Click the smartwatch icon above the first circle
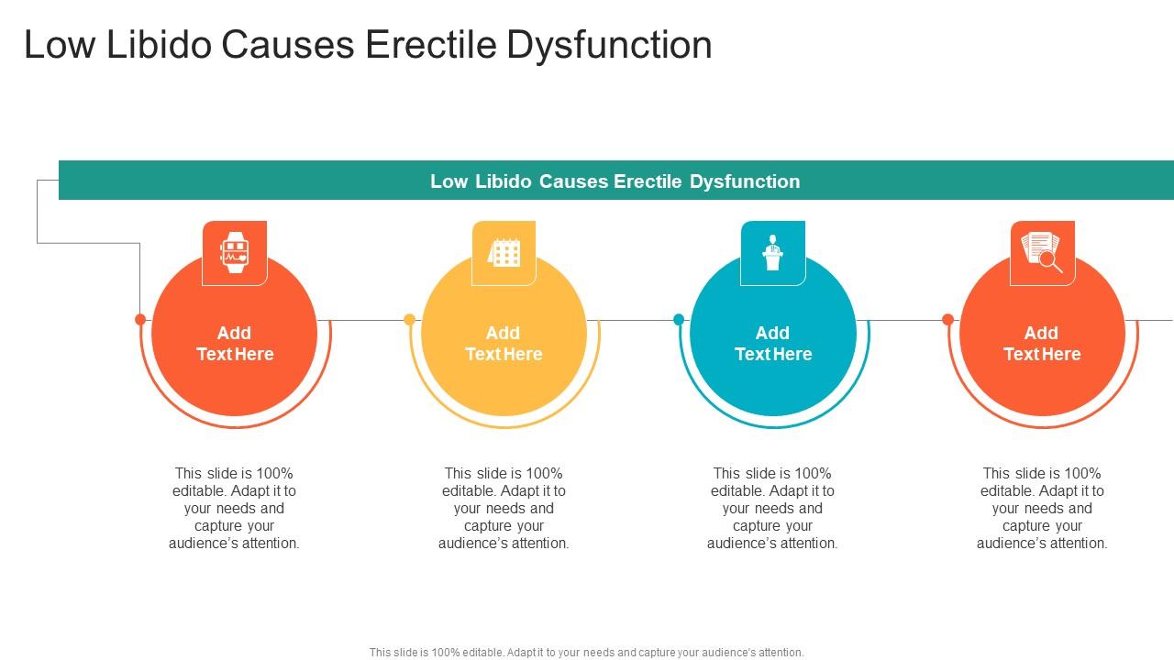click(x=235, y=252)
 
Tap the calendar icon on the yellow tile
click(x=504, y=252)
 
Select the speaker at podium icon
click(x=773, y=252)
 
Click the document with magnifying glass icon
click(x=1042, y=252)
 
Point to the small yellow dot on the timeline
click(x=410, y=320)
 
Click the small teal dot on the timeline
click(x=679, y=320)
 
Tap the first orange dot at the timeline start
click(x=140, y=320)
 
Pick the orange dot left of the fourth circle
click(x=948, y=320)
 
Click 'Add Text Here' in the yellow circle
click(x=504, y=344)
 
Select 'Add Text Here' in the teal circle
click(x=773, y=344)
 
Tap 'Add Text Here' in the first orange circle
click(x=235, y=344)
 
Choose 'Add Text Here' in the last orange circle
click(x=1042, y=344)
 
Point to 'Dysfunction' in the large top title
click(x=608, y=45)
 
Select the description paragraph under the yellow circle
click(x=504, y=508)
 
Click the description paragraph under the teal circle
click(x=772, y=508)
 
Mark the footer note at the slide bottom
click(x=587, y=653)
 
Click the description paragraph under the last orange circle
click(x=1042, y=508)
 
